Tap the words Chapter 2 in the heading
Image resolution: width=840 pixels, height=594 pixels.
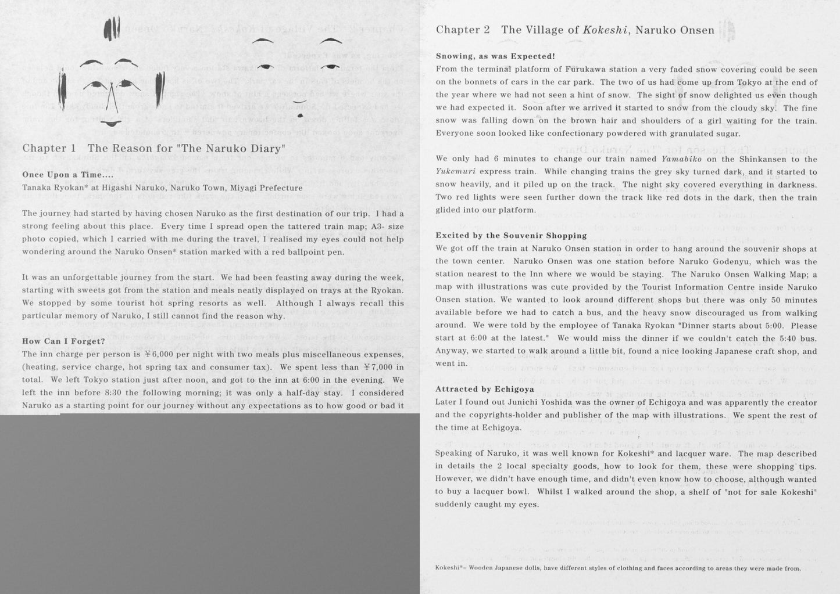pyautogui.click(x=463, y=30)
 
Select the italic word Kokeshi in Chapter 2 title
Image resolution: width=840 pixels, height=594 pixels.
pyautogui.click(x=606, y=30)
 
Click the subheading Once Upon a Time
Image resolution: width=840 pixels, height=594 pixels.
pyautogui.click(x=67, y=175)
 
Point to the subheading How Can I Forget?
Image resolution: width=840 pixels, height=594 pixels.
pyautogui.click(x=63, y=341)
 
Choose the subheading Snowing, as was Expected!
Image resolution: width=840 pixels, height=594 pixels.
pyautogui.click(x=495, y=56)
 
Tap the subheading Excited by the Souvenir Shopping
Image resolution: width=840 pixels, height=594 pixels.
pyautogui.click(x=511, y=235)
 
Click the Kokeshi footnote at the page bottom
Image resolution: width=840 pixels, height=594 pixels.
pyautogui.click(x=617, y=568)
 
